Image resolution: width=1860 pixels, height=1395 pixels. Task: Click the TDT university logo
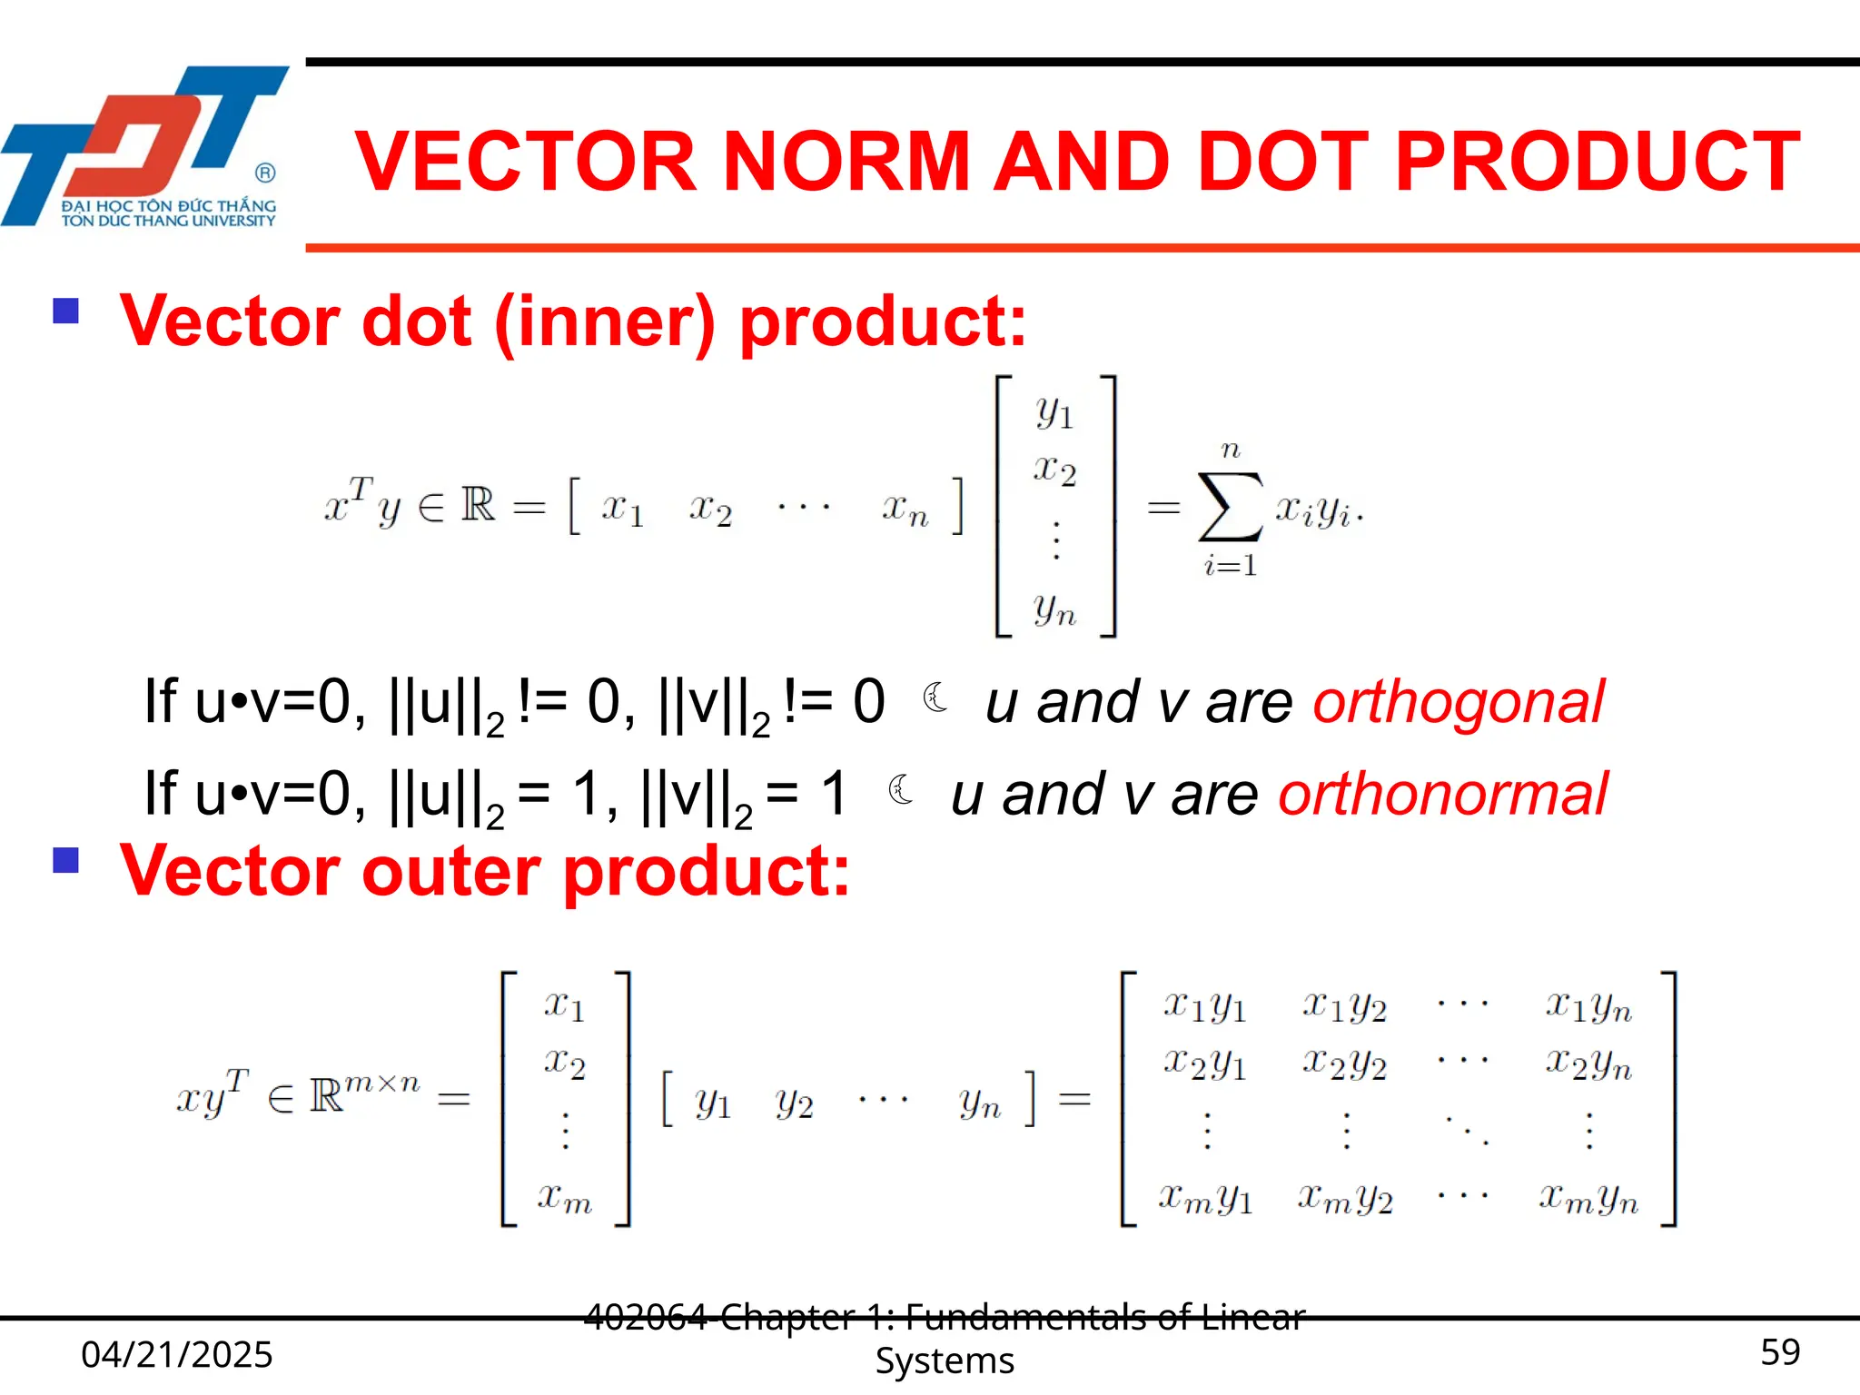[x=145, y=145]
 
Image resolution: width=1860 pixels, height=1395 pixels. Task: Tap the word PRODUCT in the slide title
[x=1597, y=162]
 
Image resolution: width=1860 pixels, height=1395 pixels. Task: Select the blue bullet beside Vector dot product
[x=66, y=312]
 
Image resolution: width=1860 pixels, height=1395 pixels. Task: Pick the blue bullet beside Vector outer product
[x=66, y=859]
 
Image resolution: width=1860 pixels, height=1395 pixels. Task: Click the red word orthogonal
[x=1459, y=702]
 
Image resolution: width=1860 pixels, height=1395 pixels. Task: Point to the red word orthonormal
[x=1442, y=794]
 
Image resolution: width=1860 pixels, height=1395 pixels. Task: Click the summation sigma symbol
[x=1230, y=507]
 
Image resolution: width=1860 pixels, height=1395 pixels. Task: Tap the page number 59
[x=1779, y=1352]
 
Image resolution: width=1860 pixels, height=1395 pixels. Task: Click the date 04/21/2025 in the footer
[x=177, y=1354]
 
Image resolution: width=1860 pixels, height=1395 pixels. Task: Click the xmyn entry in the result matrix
[x=1588, y=1200]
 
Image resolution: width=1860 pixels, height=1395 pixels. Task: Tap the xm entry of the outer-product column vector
[x=564, y=1198]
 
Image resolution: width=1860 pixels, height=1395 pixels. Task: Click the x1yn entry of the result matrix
[x=1588, y=1006]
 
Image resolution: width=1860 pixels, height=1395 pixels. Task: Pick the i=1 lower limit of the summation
[x=1231, y=566]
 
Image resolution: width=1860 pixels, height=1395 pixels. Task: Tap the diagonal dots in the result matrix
[x=1466, y=1131]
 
